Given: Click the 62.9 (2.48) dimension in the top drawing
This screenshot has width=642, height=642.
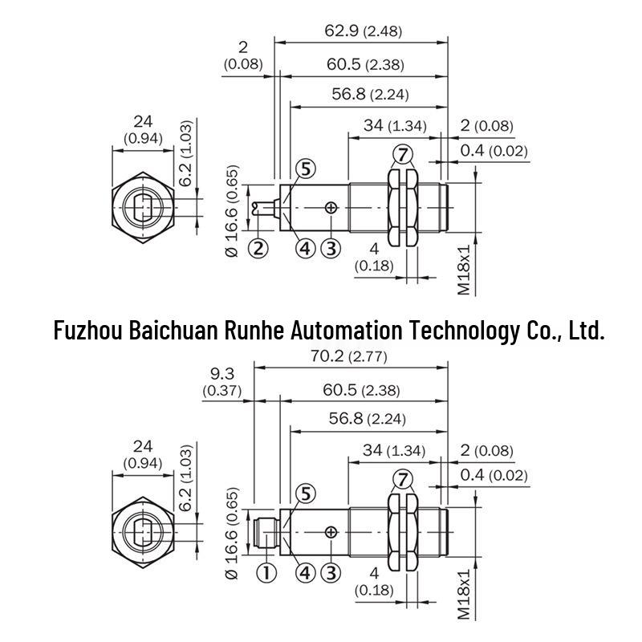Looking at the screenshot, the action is click(x=364, y=30).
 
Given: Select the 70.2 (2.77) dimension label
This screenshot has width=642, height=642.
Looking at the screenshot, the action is click(x=348, y=356).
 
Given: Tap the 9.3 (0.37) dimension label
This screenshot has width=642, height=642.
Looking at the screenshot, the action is click(x=222, y=382).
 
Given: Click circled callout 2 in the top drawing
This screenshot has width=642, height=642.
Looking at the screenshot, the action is click(x=258, y=248).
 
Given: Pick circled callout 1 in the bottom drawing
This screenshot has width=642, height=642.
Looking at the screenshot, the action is click(x=266, y=572).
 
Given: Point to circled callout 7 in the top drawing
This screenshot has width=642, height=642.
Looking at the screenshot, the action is click(x=403, y=155).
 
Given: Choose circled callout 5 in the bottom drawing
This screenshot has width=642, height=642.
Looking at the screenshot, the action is click(x=306, y=494).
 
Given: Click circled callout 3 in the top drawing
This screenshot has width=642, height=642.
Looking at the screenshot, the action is click(x=331, y=248).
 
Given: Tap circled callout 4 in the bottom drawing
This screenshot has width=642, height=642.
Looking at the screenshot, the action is click(x=306, y=572).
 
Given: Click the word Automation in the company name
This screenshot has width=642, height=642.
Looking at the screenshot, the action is click(x=347, y=330).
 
